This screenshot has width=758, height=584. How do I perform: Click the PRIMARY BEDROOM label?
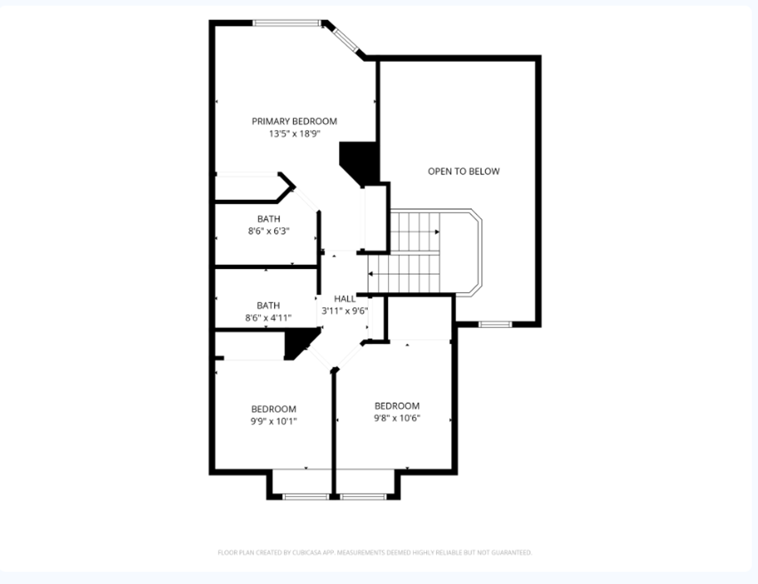294,122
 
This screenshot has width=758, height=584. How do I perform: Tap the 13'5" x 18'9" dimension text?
294,134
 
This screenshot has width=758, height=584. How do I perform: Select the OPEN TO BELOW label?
464,171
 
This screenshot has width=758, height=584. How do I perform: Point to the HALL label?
345,299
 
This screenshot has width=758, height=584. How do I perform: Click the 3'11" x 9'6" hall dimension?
345,311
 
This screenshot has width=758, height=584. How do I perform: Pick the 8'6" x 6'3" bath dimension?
269,231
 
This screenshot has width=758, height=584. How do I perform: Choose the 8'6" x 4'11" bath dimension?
269,318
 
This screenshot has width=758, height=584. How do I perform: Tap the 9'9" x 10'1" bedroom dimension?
273,421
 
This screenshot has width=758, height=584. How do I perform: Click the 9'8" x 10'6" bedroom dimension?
397,418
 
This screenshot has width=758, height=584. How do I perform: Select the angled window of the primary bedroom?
345,40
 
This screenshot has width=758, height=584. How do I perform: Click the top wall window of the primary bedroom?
287,23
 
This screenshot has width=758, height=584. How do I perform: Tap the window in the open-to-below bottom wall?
495,324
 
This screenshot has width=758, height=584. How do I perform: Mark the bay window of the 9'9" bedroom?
306,496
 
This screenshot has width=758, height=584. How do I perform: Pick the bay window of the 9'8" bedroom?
363,496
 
